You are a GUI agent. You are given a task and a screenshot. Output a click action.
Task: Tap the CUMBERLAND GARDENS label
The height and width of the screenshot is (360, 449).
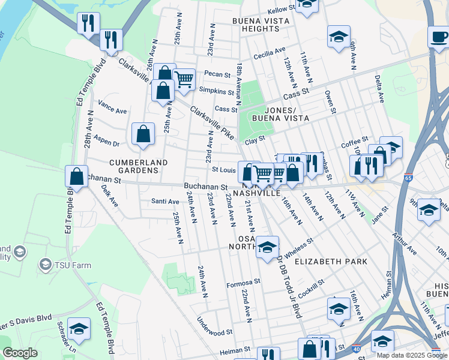[x=133, y=166]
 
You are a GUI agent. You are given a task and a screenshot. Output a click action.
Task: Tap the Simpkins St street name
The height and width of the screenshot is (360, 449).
[x=216, y=91]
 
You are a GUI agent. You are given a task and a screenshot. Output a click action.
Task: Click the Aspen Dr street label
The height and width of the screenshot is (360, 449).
[x=108, y=144]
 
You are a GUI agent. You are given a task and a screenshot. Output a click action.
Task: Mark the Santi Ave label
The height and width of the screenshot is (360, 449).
[x=165, y=201]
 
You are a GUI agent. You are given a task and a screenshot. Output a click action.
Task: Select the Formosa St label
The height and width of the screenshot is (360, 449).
[x=243, y=281]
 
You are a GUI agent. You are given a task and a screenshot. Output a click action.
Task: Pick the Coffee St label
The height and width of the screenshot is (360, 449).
[x=354, y=144]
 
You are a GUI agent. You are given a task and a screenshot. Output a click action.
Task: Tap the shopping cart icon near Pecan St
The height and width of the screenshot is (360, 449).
[x=184, y=79]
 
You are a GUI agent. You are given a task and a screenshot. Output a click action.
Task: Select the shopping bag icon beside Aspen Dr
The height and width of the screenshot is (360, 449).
[x=143, y=135]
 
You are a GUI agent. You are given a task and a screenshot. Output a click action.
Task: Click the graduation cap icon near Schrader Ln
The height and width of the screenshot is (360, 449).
[x=79, y=329]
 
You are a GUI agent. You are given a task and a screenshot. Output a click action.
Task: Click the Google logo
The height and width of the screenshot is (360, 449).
[x=20, y=353]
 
